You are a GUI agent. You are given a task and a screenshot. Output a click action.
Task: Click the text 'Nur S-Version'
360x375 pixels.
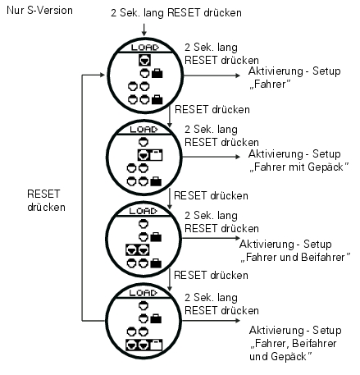pos(39,11)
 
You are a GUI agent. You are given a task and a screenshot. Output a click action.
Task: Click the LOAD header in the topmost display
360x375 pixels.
pos(144,48)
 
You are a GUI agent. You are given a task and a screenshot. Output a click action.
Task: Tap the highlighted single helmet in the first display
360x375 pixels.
pos(144,60)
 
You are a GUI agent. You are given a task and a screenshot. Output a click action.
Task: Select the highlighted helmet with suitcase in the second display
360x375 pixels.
pos(150,155)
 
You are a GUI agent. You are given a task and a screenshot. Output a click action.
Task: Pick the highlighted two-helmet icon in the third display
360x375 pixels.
pos(138,250)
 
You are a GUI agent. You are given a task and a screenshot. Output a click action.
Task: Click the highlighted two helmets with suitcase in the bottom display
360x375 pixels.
pos(144,345)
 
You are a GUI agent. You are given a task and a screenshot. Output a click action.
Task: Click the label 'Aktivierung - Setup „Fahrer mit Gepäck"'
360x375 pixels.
pos(298,160)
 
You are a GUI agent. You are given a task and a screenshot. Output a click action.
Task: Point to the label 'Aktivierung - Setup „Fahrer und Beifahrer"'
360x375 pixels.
pos(295,250)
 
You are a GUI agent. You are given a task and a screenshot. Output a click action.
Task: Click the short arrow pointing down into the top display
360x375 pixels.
pos(144,30)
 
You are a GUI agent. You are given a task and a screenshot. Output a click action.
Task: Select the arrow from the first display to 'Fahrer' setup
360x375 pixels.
pos(212,75)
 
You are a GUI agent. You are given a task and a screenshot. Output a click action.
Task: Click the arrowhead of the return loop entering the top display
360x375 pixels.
pos(103,75)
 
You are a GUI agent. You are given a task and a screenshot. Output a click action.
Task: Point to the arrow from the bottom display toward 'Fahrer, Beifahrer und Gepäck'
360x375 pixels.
pos(211,320)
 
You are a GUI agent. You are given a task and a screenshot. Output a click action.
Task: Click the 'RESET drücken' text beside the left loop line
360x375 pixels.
pos(46,200)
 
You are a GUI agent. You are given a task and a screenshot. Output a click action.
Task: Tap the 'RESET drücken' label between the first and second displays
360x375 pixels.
pos(212,109)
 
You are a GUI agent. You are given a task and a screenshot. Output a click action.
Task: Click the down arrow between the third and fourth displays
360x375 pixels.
pos(170,280)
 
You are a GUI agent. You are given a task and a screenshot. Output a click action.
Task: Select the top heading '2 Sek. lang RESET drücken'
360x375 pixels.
pos(176,13)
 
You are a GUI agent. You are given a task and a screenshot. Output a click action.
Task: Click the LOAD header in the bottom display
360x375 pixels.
pos(144,293)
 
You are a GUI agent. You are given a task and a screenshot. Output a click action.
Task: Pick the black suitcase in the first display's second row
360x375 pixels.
pos(157,73)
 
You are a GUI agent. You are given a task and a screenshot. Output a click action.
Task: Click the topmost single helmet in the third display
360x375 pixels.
pos(144,224)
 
